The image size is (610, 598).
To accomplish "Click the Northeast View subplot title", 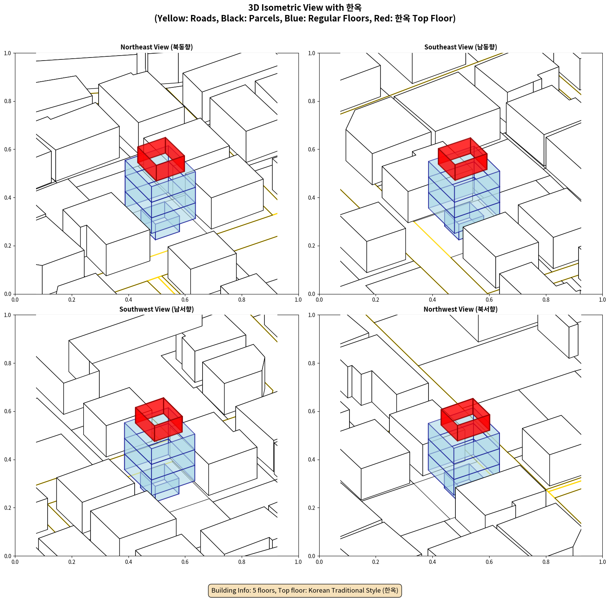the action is [157, 47].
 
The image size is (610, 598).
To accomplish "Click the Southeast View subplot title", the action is [460, 47].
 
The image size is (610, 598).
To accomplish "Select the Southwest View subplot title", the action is [157, 309].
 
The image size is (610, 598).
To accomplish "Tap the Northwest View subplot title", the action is [460, 309].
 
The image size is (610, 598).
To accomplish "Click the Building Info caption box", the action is [305, 590].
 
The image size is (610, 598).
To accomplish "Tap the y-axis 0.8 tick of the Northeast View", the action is [8, 101].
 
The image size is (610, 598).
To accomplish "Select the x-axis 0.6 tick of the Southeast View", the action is [489, 300].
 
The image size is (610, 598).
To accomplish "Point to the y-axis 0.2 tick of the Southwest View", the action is [8, 508].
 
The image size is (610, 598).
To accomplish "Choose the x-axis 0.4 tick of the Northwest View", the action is [432, 562].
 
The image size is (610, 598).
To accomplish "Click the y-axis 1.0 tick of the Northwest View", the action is [312, 315].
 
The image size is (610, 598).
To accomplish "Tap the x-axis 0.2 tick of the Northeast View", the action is [72, 300].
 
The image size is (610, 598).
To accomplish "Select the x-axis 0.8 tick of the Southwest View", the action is [242, 562].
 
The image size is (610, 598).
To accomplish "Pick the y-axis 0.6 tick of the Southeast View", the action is [312, 149].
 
